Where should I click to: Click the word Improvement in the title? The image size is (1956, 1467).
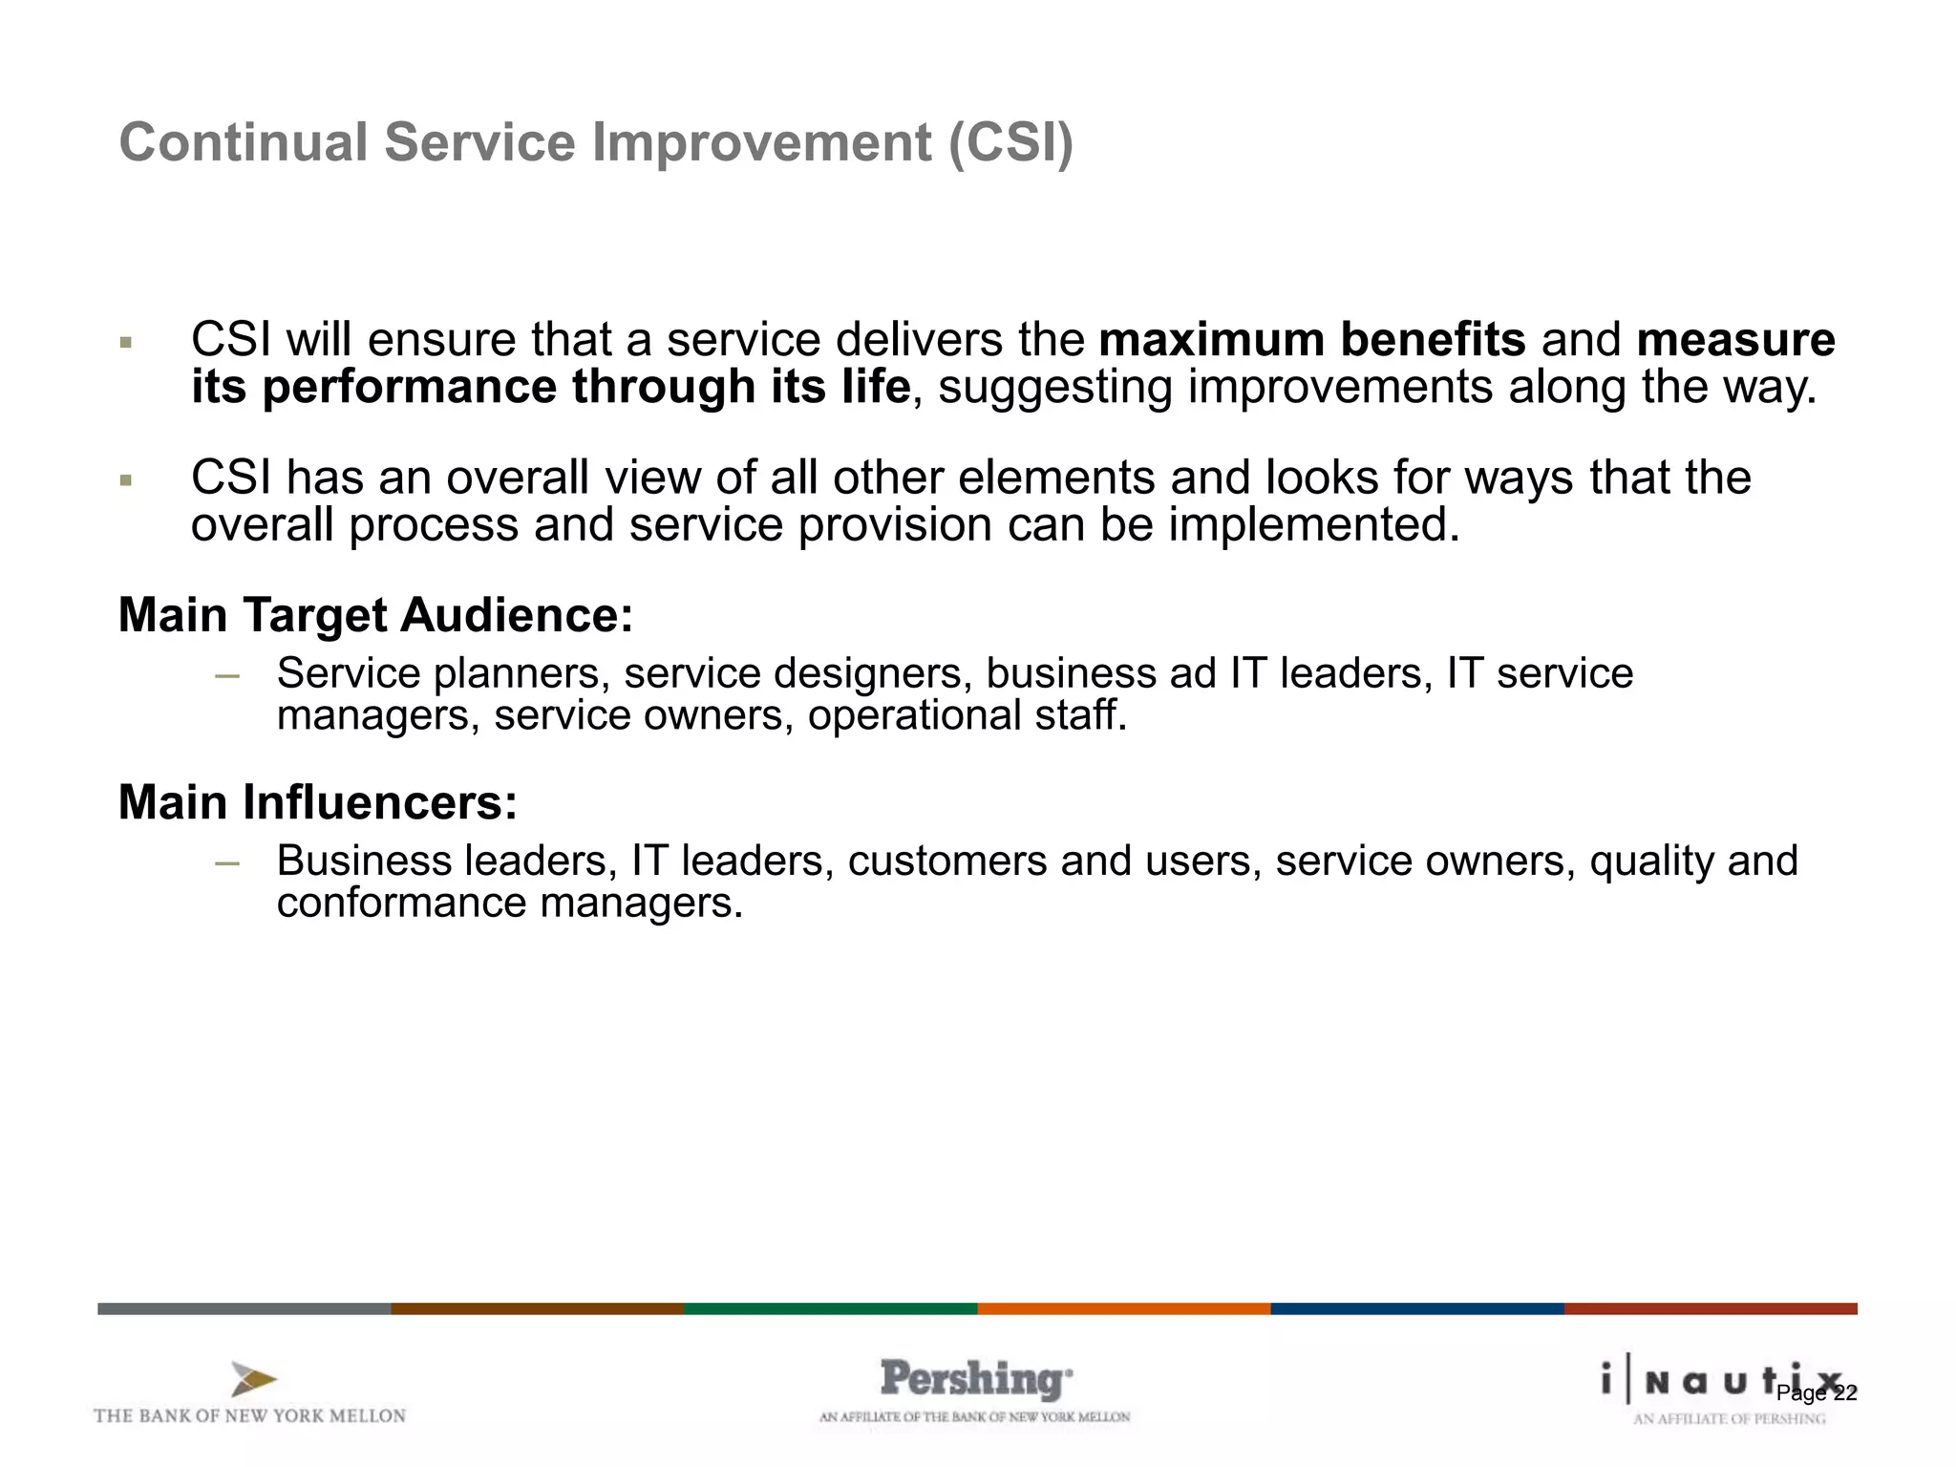click(x=761, y=143)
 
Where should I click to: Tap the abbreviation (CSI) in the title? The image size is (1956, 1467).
click(x=1010, y=143)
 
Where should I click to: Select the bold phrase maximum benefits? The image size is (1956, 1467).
click(x=1312, y=340)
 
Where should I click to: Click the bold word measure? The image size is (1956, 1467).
click(x=1735, y=340)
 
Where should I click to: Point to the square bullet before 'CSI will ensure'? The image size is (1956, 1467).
click(x=125, y=342)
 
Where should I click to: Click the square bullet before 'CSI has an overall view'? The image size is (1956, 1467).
click(x=125, y=479)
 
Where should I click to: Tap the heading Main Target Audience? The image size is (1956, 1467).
click(x=375, y=614)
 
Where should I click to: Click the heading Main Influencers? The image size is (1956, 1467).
click(x=317, y=801)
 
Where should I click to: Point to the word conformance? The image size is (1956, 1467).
click(x=400, y=903)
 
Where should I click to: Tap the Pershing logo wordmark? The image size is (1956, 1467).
click(x=975, y=1379)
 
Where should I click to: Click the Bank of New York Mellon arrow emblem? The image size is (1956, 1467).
click(x=253, y=1379)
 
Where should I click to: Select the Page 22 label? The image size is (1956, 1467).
click(x=1816, y=1393)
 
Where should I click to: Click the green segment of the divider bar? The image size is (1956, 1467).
click(x=830, y=1308)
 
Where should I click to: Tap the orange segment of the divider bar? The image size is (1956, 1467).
click(x=1123, y=1308)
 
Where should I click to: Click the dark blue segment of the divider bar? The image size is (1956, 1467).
click(x=1416, y=1308)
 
